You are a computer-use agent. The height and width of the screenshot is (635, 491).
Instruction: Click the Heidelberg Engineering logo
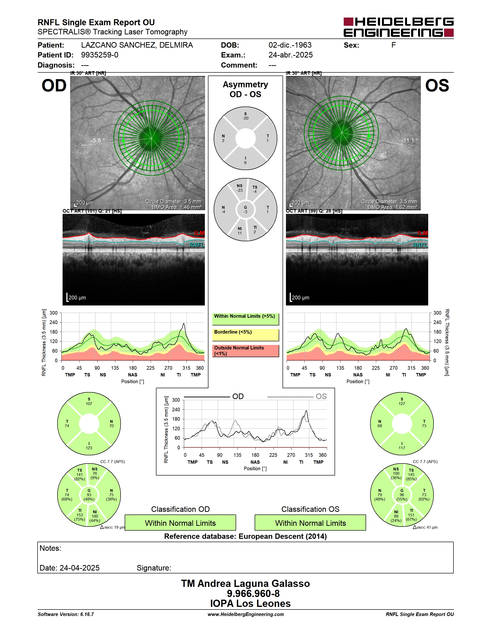[399, 27]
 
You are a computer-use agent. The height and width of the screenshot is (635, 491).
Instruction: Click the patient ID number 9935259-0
[99, 55]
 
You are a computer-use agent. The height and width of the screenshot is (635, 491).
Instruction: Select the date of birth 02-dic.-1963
[290, 45]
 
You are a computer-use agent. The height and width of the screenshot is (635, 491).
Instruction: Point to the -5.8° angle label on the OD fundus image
[98, 140]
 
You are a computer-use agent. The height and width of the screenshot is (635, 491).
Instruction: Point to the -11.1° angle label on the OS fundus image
[410, 140]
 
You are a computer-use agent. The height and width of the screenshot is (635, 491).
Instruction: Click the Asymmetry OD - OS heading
[245, 89]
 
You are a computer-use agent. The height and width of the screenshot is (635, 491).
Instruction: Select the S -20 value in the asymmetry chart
[245, 116]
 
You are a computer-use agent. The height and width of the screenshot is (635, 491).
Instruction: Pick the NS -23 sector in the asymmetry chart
[239, 188]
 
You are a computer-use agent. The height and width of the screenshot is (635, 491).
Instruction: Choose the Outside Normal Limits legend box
[245, 351]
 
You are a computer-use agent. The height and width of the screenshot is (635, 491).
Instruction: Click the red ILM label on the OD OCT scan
[199, 233]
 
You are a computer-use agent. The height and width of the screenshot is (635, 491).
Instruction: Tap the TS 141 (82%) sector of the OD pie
[79, 475]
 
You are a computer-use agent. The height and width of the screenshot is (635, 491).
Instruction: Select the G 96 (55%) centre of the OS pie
[402, 495]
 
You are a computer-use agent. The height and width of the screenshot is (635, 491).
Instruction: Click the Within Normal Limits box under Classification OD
[180, 522]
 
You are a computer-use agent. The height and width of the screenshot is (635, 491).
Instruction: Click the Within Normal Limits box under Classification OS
[310, 522]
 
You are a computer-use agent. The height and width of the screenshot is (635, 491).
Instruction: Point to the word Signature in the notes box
[154, 568]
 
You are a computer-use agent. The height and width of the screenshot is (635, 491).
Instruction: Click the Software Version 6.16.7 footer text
[66, 614]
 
